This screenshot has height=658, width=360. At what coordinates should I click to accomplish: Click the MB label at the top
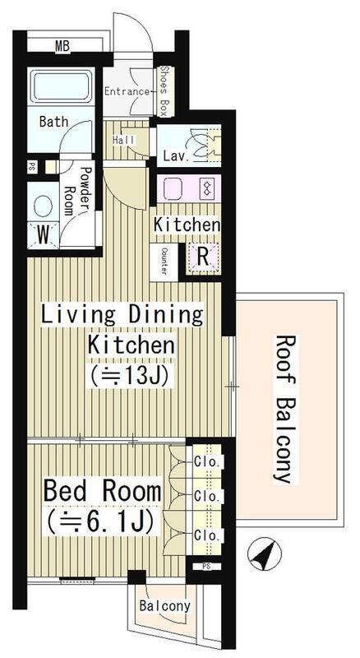62,46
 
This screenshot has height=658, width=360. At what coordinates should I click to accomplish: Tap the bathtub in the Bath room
61,86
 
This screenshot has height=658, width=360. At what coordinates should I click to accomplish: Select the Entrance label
127,91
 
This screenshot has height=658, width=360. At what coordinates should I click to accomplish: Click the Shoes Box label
164,91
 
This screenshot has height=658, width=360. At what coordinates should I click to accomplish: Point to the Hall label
124,140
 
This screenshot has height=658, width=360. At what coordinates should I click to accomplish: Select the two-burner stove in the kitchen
207,188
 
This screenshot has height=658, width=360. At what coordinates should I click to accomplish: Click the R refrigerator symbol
203,257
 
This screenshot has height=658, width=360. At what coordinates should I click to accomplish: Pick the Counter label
164,261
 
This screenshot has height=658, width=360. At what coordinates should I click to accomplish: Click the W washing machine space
44,236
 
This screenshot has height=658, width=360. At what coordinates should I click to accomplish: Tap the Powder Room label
78,191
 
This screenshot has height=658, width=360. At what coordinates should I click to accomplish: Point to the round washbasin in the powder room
43,207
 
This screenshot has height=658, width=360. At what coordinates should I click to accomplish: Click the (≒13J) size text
129,377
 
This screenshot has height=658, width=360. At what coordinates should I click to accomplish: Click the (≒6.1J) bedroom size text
99,521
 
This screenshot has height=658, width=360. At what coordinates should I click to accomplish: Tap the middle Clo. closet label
207,497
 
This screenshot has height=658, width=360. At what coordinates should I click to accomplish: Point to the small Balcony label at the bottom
164,605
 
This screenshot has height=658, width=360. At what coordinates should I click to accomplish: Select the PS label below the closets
205,566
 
